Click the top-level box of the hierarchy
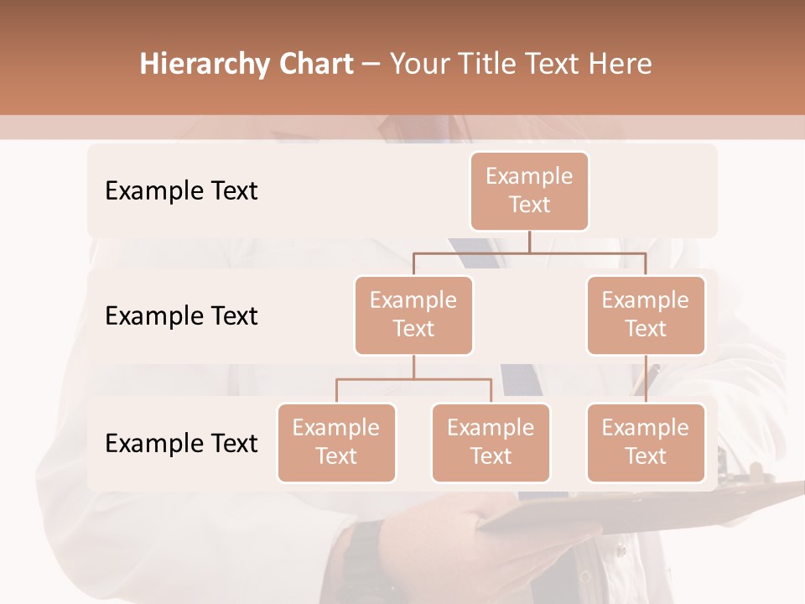(x=529, y=191)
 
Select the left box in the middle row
(x=413, y=315)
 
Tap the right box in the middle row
(x=646, y=315)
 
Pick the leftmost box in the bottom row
(x=336, y=443)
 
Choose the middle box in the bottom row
(x=491, y=443)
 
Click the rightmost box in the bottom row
(x=646, y=443)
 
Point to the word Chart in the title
(x=313, y=65)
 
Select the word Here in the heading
(x=621, y=65)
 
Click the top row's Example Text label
(x=181, y=191)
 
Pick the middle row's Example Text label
(x=181, y=316)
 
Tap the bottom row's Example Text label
(x=181, y=444)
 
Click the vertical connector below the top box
(x=529, y=242)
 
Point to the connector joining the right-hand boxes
(x=646, y=379)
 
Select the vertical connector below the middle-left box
(x=413, y=367)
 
